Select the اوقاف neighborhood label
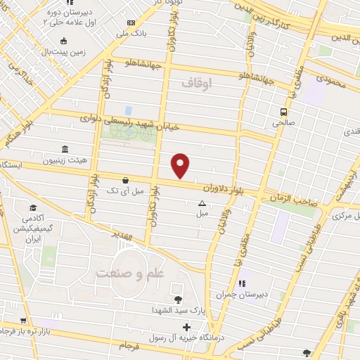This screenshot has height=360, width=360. pyautogui.click(x=195, y=83)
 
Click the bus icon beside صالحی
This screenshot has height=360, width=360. pyautogui.click(x=283, y=112)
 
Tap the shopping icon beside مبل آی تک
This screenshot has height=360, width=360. pyautogui.click(x=125, y=180)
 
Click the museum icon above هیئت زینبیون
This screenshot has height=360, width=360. pyautogui.click(x=65, y=149)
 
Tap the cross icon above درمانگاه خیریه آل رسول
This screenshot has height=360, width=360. pyautogui.click(x=186, y=327)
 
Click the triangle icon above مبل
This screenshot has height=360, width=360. pyautogui.click(x=202, y=203)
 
